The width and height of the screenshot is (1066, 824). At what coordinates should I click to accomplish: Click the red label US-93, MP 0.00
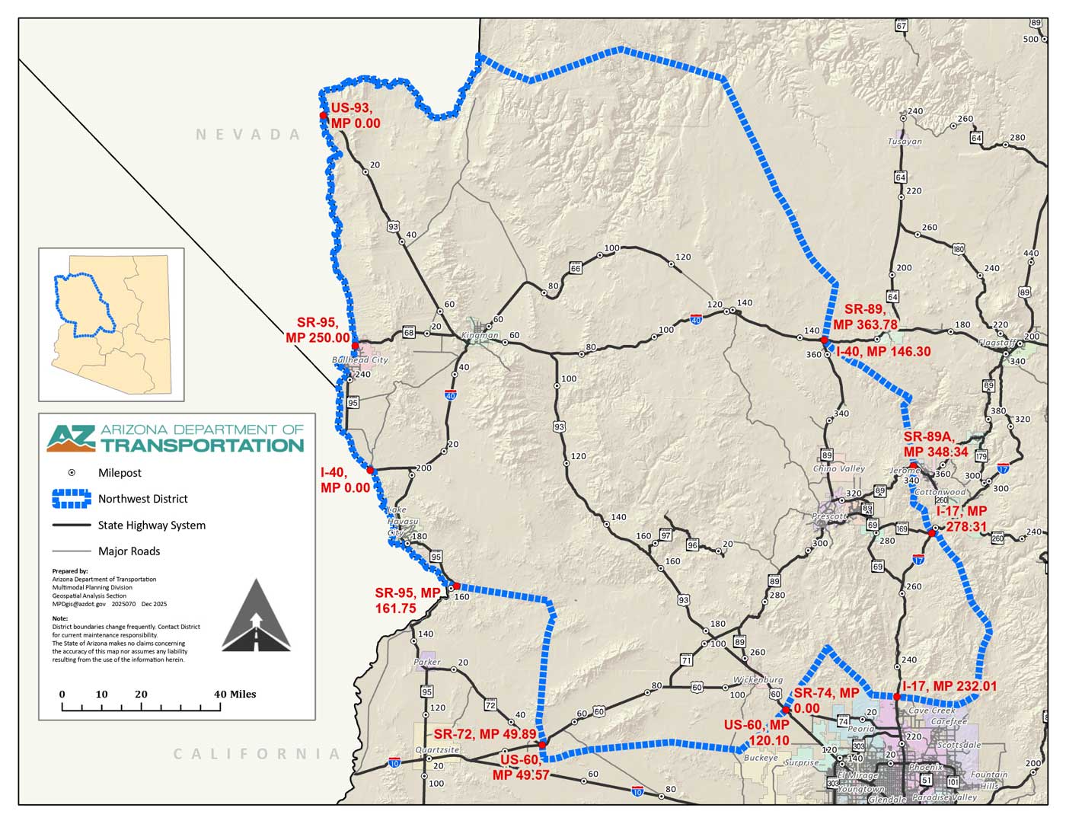[x=355, y=116]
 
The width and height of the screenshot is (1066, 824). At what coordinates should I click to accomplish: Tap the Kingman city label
[x=480, y=335]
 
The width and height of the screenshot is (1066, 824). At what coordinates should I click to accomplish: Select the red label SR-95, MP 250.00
[x=318, y=330]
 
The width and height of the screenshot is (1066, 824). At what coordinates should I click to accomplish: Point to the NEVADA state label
[x=249, y=135]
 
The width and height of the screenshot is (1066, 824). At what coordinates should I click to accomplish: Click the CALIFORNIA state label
[x=257, y=754]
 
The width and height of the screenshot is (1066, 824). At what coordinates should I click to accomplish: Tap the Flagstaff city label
[x=997, y=343]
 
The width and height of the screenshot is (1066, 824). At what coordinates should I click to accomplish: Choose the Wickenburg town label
[x=758, y=679]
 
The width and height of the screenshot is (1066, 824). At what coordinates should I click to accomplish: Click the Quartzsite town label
[x=437, y=750]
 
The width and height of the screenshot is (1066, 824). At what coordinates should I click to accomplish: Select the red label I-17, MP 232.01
[x=950, y=686]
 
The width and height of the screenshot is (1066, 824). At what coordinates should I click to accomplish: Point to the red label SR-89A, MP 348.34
[x=936, y=444]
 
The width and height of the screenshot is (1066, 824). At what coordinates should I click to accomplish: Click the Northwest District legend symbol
[x=72, y=499]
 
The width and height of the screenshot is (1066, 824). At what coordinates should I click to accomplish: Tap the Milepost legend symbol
[x=72, y=473]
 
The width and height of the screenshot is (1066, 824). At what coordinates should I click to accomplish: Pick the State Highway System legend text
[x=152, y=525]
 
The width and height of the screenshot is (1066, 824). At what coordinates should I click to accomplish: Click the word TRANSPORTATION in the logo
[x=202, y=446]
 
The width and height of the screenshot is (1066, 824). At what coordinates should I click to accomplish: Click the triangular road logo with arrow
[x=257, y=616]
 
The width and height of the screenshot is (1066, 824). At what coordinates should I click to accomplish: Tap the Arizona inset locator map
[x=111, y=324]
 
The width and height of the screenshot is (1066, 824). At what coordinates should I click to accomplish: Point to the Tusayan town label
[x=905, y=142]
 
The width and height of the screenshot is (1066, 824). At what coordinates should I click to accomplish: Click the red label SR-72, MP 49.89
[x=485, y=734]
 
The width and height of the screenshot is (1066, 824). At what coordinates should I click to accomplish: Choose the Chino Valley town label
[x=839, y=468]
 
